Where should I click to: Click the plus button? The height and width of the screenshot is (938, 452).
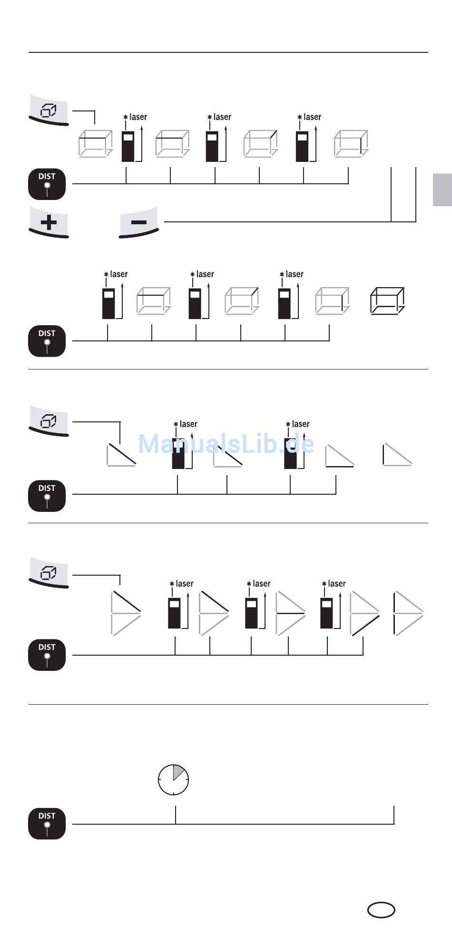pos(49,222)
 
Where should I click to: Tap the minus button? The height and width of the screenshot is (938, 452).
pos(138,222)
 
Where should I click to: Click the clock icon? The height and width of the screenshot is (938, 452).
pos(174,780)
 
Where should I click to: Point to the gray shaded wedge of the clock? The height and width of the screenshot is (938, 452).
pos(178,772)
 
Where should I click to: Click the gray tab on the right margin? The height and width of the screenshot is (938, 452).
pos(442,190)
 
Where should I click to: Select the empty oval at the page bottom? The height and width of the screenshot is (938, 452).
pos(381,909)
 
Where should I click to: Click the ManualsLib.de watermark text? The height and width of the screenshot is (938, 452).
pos(226,444)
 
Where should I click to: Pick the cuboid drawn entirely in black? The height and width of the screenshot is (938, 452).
pos(388,301)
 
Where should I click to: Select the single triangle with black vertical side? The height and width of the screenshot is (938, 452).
pos(397,454)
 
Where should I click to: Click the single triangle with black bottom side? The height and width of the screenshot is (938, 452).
pos(340,456)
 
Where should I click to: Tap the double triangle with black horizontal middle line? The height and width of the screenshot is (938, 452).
pos(291,613)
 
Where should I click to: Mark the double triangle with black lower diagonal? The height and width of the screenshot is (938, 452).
pos(365,613)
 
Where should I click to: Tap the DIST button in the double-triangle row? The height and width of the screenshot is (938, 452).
pos(47,655)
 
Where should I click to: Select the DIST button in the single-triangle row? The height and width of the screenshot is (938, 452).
pos(47,496)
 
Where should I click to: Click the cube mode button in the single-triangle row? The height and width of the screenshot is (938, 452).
pos(49,421)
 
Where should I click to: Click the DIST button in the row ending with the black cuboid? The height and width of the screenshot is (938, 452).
pos(47,341)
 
